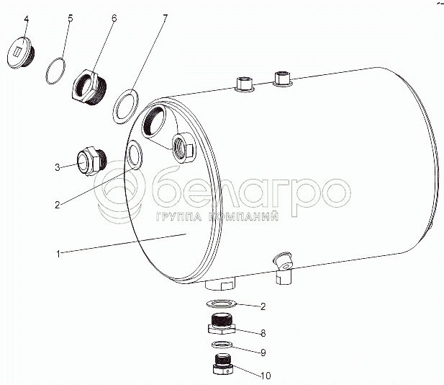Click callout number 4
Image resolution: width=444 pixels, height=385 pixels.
coord(27,19)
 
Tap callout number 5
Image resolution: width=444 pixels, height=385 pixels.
coord(71,18)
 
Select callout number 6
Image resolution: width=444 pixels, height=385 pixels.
coord(114,18)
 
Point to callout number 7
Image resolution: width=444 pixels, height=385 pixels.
coord(165,18)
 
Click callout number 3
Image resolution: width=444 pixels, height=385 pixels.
coord(58,167)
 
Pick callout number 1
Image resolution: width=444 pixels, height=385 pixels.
coord(58,254)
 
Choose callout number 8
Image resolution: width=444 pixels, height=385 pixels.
coord(263,333)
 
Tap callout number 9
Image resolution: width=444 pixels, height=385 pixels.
coord(263,353)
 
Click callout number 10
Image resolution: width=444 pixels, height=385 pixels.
coord(266,376)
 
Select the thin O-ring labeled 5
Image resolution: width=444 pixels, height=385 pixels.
coord(55,71)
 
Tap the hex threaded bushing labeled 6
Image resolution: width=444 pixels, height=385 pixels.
coord(89,87)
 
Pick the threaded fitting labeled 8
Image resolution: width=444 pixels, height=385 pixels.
coord(221,323)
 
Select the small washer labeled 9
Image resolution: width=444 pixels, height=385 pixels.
coord(222,345)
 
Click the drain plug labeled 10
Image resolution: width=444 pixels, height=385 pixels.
coord(223,363)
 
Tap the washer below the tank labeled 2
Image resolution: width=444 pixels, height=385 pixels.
coord(221,304)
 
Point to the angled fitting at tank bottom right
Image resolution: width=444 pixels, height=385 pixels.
coord(283,267)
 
